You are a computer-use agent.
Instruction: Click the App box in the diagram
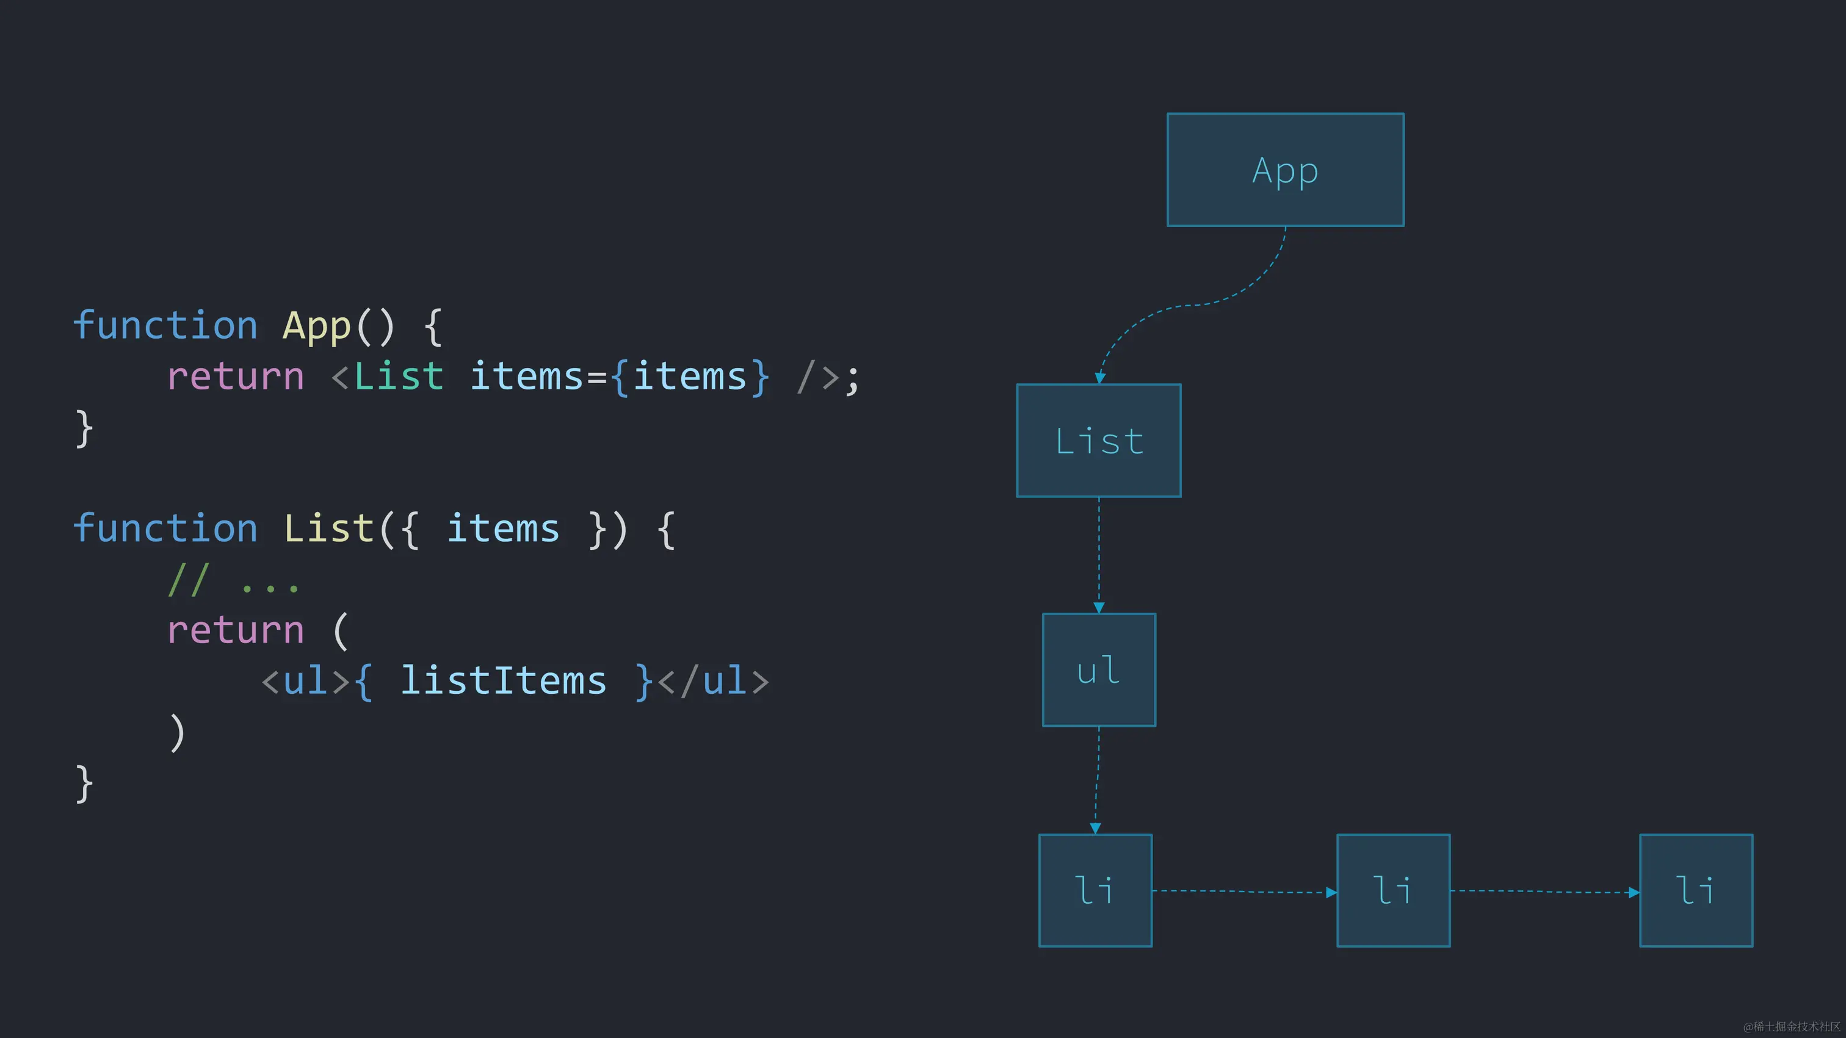click(x=1285, y=170)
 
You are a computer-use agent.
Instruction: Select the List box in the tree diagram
click(x=1099, y=441)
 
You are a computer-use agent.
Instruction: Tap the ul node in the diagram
click(x=1099, y=670)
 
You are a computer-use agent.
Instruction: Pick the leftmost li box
click(x=1095, y=890)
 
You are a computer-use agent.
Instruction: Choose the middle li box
click(x=1393, y=890)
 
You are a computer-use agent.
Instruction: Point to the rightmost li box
click(x=1695, y=890)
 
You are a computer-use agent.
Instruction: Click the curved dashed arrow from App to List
click(x=1190, y=306)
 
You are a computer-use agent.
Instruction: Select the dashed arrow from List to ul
click(x=1099, y=555)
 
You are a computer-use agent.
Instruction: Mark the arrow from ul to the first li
click(x=1097, y=781)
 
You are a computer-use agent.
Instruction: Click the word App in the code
click(x=316, y=326)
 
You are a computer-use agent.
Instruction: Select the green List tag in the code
click(x=399, y=377)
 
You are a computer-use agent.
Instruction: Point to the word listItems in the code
click(x=503, y=680)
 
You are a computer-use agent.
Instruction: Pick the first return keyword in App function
click(x=235, y=377)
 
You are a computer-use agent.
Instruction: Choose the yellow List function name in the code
click(x=328, y=528)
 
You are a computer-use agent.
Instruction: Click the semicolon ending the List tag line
click(x=852, y=378)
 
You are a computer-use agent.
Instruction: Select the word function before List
click(x=165, y=528)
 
